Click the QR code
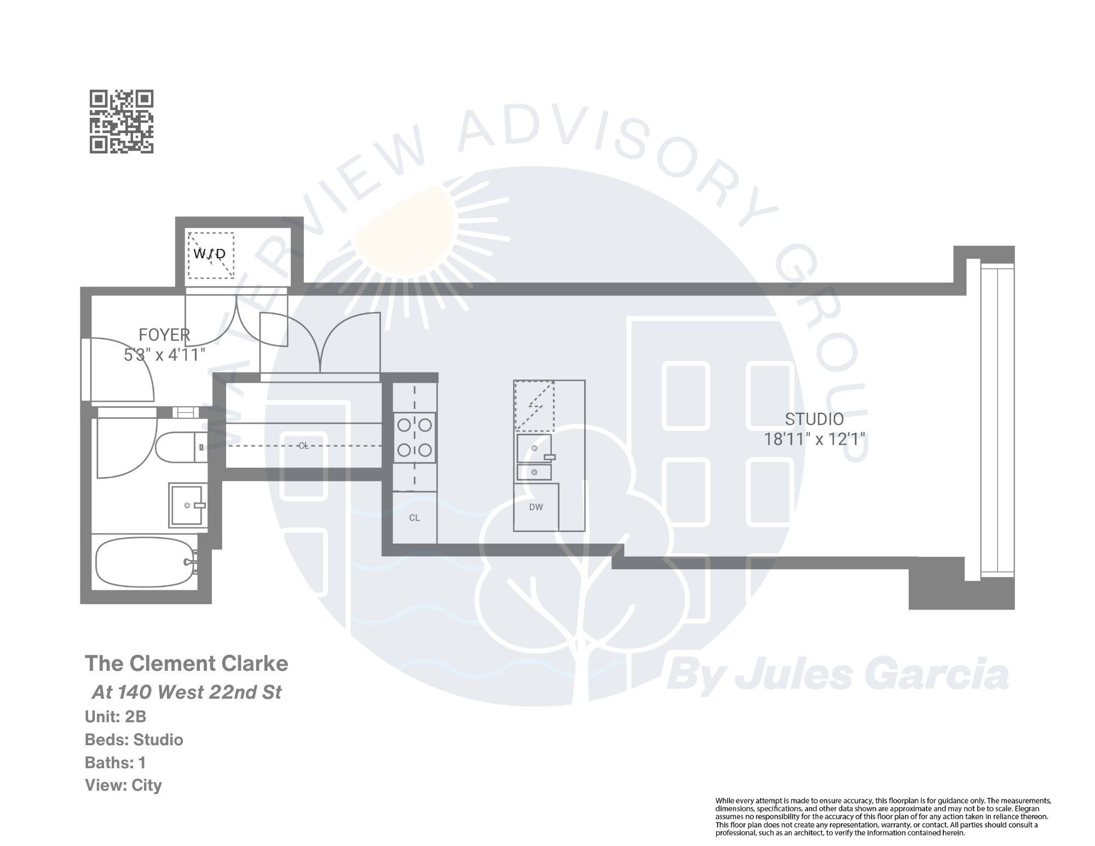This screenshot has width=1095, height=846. click(x=122, y=122)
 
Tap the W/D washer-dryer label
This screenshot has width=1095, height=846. click(x=210, y=254)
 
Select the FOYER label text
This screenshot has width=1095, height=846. click(x=164, y=335)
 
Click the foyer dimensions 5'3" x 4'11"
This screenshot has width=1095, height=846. click(x=165, y=355)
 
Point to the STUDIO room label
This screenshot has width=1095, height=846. click(x=814, y=419)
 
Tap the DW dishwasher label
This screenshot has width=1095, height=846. click(x=536, y=507)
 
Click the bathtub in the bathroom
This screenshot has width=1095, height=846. click(x=145, y=563)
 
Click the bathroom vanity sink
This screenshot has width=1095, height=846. click(x=188, y=505)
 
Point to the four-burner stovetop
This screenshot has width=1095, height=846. click(x=414, y=438)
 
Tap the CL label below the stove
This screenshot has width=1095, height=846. click(x=414, y=517)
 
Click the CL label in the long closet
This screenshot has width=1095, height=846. click(x=304, y=446)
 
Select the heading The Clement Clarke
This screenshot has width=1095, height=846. click(x=186, y=664)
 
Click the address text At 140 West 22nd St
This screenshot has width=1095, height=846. click(x=186, y=692)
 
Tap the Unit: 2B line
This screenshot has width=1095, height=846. click(x=116, y=717)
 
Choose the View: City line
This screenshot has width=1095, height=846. click(x=123, y=785)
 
